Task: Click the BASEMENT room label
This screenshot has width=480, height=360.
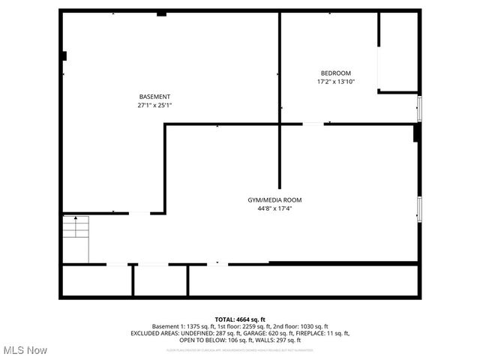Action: pos(154,97)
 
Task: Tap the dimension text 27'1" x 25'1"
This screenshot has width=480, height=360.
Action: pos(154,106)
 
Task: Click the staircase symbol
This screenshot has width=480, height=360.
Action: pos(75,238)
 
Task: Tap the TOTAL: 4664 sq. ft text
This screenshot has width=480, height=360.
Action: pos(240,319)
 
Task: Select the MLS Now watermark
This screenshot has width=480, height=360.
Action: pos(25,350)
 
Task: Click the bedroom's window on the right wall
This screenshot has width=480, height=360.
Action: pos(419,108)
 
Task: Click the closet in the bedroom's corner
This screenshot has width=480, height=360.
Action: pos(398,52)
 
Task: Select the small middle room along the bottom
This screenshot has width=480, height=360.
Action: pos(160,280)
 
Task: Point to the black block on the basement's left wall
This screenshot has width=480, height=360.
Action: pos(64,55)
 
